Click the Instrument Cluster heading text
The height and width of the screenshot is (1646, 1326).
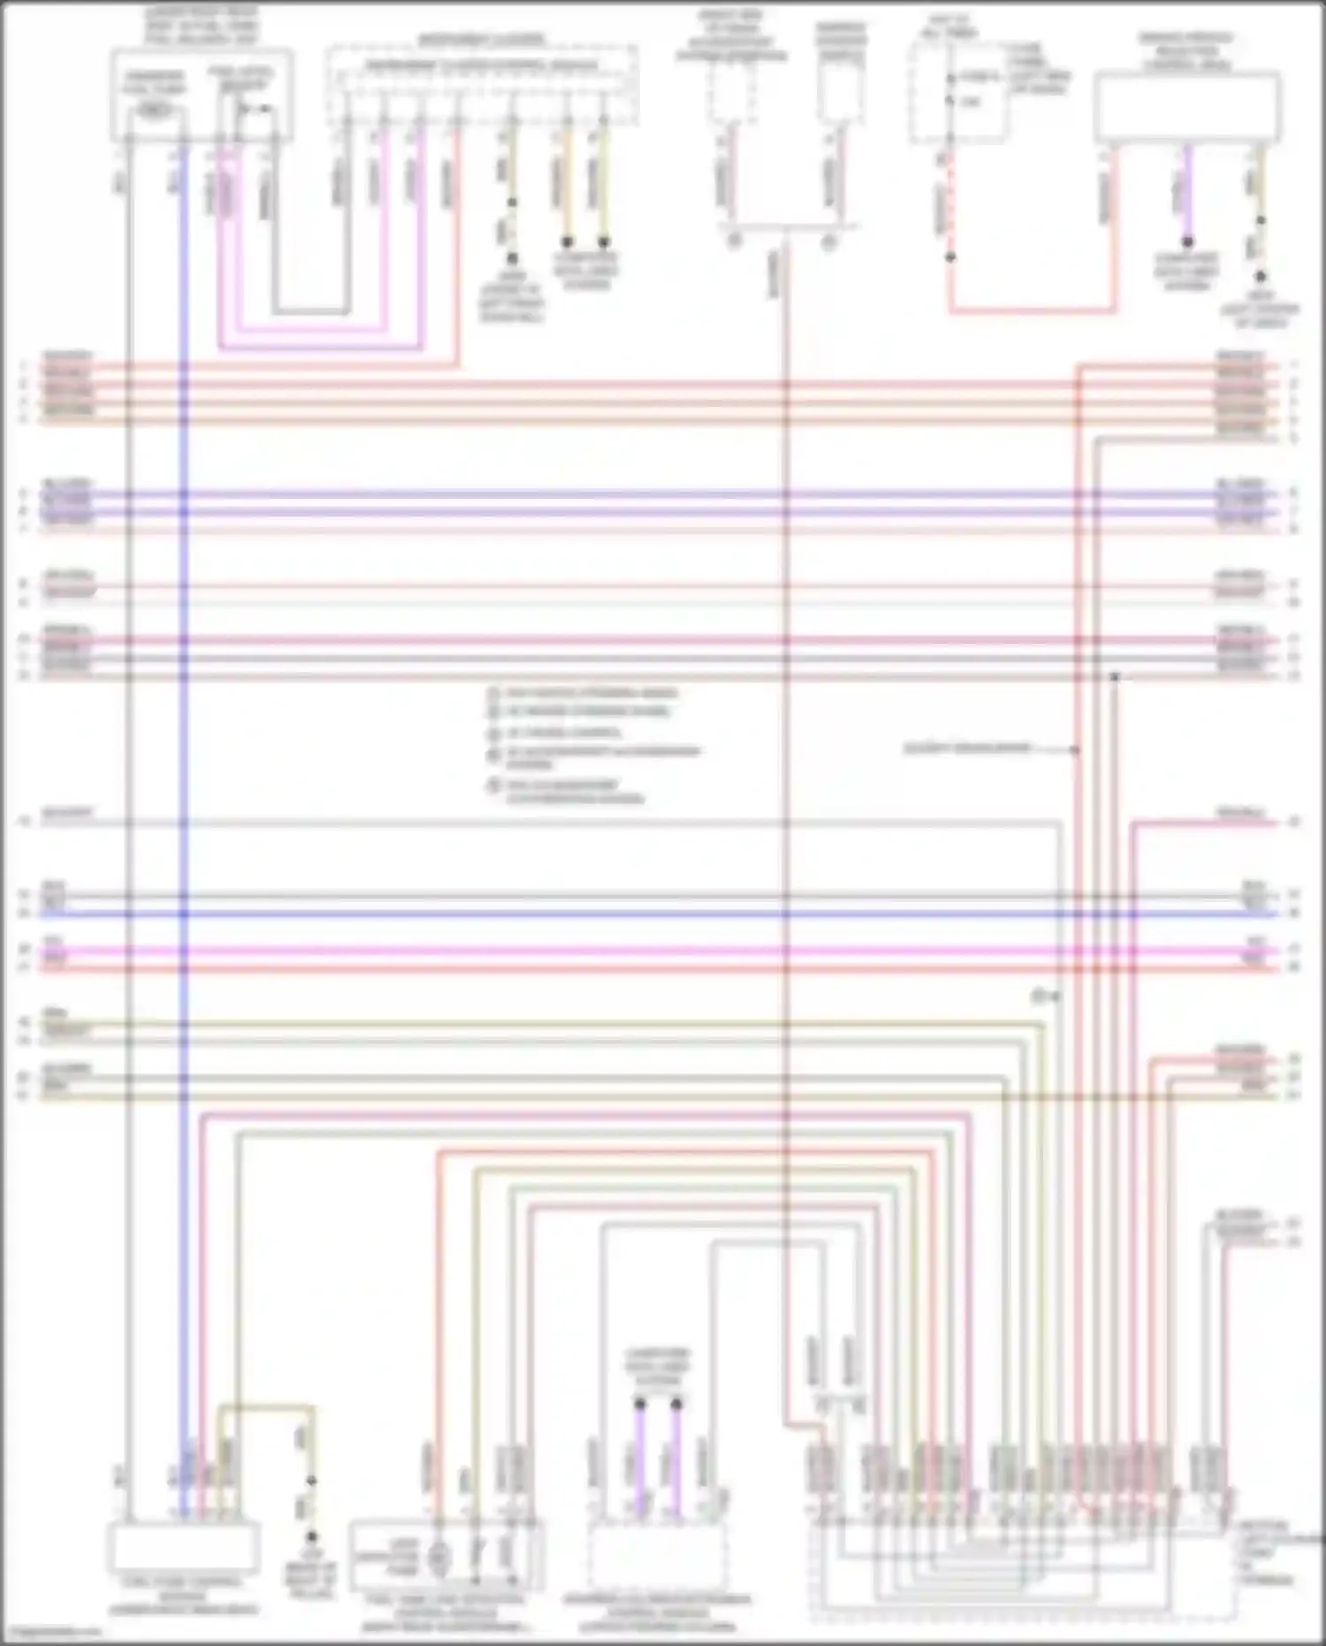[x=482, y=40]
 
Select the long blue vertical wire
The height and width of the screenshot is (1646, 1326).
[x=184, y=708]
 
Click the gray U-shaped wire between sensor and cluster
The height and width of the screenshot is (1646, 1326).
[x=309, y=311]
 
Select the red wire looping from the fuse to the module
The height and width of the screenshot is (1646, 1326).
[x=1031, y=311]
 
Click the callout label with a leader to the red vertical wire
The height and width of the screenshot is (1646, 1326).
[x=967, y=748]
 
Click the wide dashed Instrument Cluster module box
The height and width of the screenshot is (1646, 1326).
[x=482, y=84]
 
